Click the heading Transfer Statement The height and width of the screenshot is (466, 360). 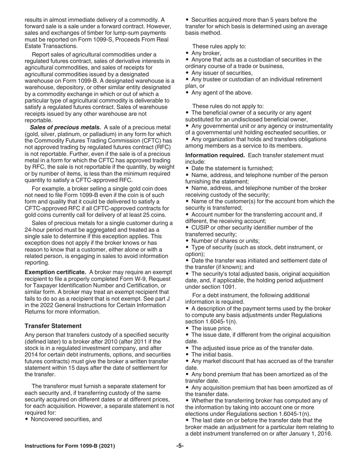[x=53, y=326]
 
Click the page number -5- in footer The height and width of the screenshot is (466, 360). [x=180, y=446]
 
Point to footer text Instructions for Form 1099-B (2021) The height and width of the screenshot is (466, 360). [x=70, y=446]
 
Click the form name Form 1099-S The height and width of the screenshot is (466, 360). [x=119, y=39]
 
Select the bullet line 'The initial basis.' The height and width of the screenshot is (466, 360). [x=212, y=355]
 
